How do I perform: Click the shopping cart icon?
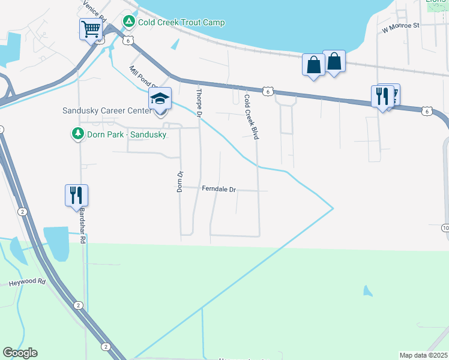pos(91,28)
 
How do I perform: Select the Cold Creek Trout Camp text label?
pos(181,23)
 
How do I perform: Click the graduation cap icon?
pos(160,98)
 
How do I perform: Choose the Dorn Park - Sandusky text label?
pos(127,134)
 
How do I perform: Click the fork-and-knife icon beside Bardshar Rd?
pos(76,195)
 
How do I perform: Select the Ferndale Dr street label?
pos(219,190)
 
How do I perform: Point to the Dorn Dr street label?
pos(179,181)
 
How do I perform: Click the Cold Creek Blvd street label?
pos(252,117)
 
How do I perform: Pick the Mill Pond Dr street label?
pos(143,76)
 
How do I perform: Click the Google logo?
pos(20,353)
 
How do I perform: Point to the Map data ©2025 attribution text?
pos(423,355)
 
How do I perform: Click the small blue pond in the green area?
pos(367,292)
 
